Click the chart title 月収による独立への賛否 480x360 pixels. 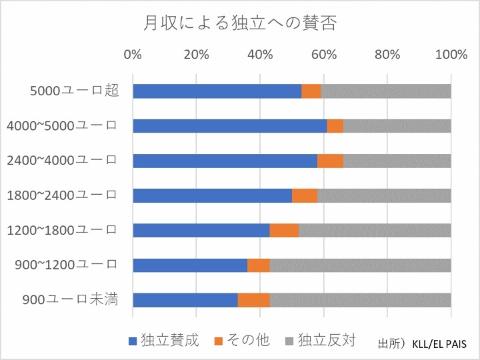click(239, 25)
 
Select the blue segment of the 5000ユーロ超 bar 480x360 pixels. click(217, 91)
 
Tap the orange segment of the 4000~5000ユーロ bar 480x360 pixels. click(335, 125)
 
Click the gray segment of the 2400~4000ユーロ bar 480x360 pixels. click(397, 160)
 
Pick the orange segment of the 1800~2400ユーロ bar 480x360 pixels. click(305, 195)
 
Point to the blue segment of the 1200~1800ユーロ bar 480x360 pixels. click(201, 230)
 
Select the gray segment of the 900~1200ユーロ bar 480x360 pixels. click(360, 265)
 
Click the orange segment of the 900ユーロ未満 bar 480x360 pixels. click(254, 299)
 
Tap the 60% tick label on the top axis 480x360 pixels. click(323, 55)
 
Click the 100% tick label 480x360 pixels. click(451, 55)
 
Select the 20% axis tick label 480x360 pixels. click(196, 55)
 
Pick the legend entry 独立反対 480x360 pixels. click(320, 340)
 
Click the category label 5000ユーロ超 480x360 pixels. click(75, 91)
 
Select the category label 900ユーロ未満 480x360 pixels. click(70, 299)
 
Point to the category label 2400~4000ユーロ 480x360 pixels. click(61, 160)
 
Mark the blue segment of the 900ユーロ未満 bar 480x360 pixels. click(185, 299)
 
